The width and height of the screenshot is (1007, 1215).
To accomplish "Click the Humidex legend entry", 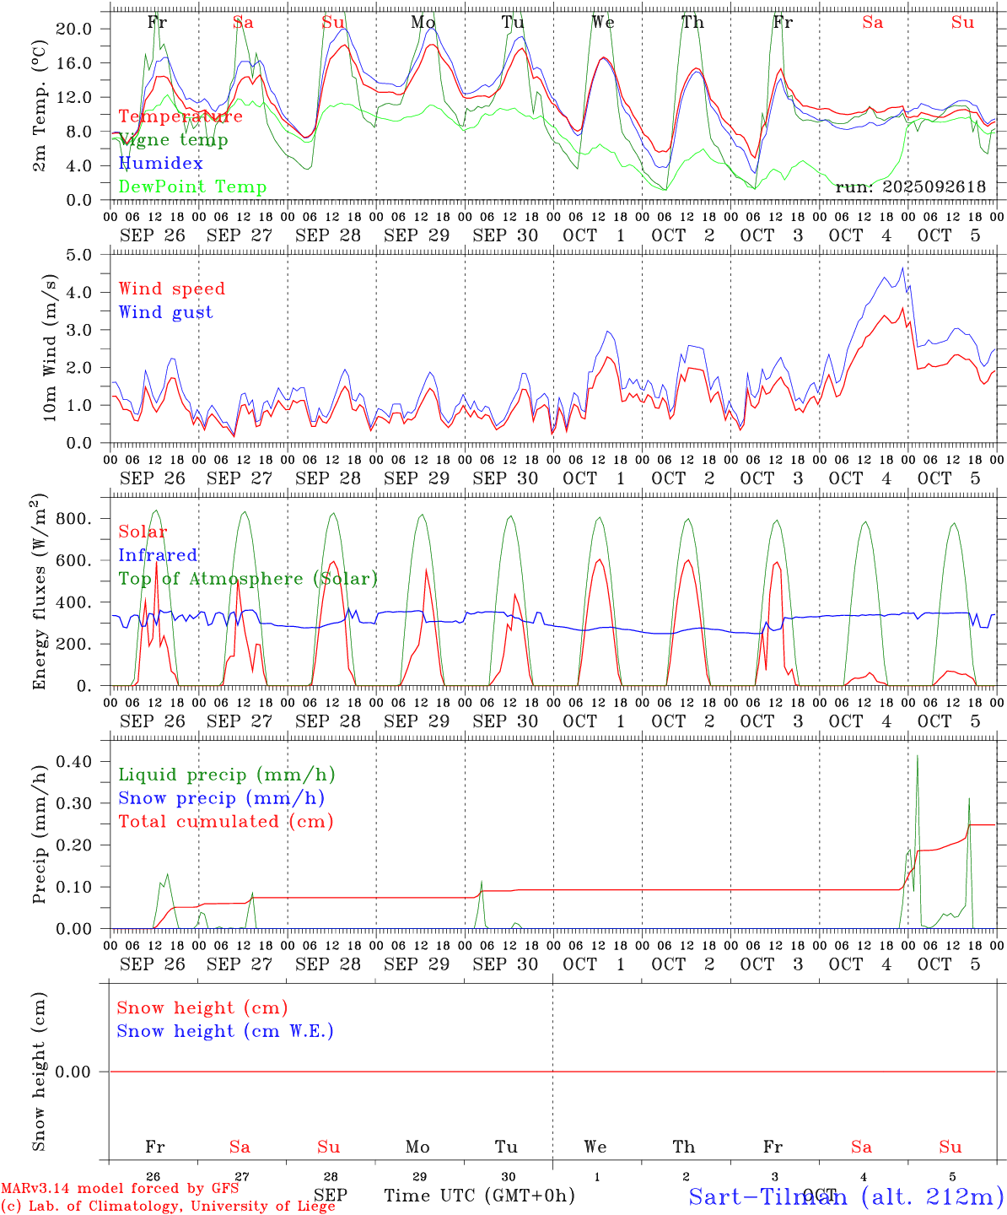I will pyautogui.click(x=160, y=163).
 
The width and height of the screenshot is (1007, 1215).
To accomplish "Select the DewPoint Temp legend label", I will pyautogui.click(x=192, y=186).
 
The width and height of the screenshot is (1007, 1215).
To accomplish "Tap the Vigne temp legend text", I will pyautogui.click(x=173, y=139).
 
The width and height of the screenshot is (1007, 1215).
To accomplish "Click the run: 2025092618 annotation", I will pyautogui.click(x=910, y=186).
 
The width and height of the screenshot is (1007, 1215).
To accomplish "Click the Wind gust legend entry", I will pyautogui.click(x=165, y=312).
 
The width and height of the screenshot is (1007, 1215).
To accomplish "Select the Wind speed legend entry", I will pyautogui.click(x=171, y=289).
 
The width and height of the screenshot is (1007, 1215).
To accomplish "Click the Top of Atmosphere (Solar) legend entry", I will pyautogui.click(x=247, y=579).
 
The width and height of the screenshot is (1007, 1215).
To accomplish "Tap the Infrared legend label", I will pyautogui.click(x=158, y=555).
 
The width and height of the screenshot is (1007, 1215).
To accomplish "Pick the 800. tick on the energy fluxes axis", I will pyautogui.click(x=73, y=518).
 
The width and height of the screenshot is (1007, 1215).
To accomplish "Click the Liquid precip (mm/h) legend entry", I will pyautogui.click(x=226, y=775).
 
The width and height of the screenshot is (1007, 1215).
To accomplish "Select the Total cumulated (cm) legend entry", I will pyautogui.click(x=225, y=821).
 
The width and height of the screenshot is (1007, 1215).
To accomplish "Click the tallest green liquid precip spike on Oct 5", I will pyautogui.click(x=917, y=757).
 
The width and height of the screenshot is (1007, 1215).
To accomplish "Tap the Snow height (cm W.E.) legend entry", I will pyautogui.click(x=225, y=1031).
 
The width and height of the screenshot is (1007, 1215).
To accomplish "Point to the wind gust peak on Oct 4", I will pyautogui.click(x=902, y=268).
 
